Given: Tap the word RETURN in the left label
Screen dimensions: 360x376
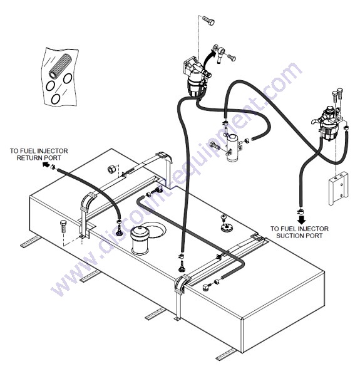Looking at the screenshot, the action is [x=27, y=159].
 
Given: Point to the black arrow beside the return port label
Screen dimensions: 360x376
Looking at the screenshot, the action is [x=44, y=164].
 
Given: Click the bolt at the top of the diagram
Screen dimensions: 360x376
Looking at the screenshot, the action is [x=208, y=20].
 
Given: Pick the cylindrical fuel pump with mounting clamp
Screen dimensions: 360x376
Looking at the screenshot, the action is [x=232, y=147].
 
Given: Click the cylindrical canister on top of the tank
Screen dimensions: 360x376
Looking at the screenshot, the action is [x=140, y=240].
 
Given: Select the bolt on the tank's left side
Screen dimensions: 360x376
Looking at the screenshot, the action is [x=63, y=226].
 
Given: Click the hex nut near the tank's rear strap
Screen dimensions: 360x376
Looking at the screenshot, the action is [x=111, y=169].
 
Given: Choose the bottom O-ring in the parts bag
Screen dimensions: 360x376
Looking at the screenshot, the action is [x=56, y=99].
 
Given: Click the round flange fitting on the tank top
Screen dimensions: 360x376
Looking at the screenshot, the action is [x=225, y=227].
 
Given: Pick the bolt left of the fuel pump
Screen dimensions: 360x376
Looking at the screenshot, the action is [x=215, y=145].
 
